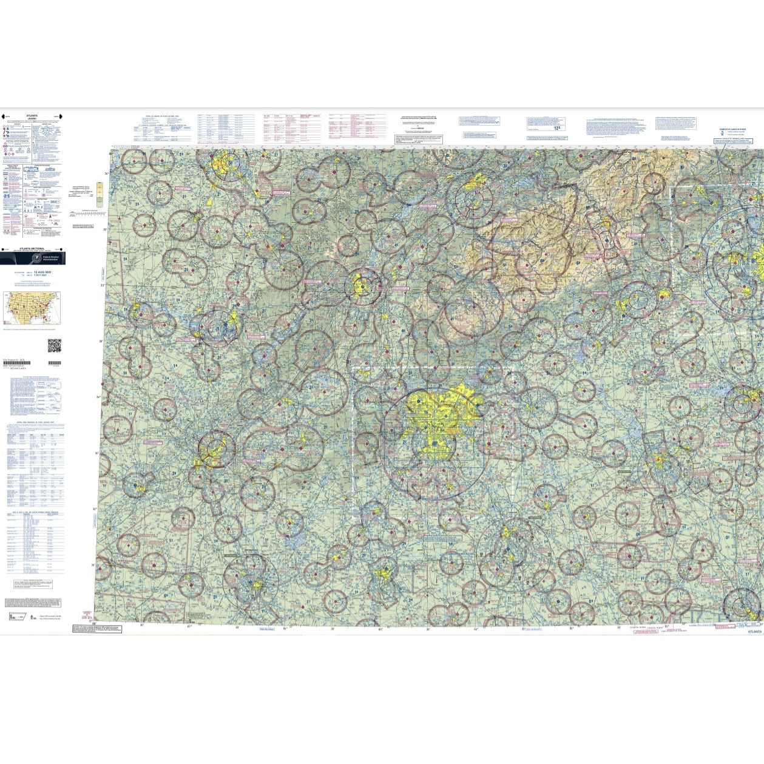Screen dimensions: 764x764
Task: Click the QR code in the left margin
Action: click(54, 345)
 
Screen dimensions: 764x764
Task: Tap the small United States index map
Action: click(32, 308)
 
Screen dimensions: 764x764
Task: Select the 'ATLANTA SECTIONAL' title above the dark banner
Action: click(32, 249)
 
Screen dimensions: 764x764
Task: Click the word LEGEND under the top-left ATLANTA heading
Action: click(32, 118)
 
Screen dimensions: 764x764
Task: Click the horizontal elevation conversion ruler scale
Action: click(87, 213)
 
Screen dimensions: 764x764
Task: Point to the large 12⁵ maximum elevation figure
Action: click(557, 128)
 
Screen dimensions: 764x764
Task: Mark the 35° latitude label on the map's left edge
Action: click(102, 284)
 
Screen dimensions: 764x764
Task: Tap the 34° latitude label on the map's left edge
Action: click(98, 397)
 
